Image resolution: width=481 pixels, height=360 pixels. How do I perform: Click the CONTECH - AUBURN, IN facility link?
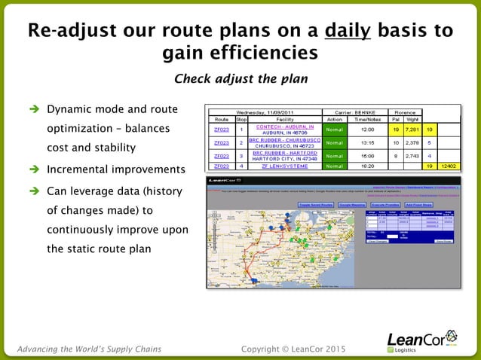pyautogui.click(x=284, y=127)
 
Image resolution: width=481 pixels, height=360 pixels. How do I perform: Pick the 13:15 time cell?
pyautogui.click(x=367, y=142)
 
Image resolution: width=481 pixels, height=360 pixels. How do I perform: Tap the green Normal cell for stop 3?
pyautogui.click(x=335, y=156)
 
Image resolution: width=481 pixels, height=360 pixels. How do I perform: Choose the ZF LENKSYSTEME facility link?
pyautogui.click(x=284, y=166)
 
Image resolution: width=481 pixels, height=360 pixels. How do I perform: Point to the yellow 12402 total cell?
pyautogui.click(x=448, y=166)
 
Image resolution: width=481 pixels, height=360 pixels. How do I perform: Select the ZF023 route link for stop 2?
pyautogui.click(x=221, y=142)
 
